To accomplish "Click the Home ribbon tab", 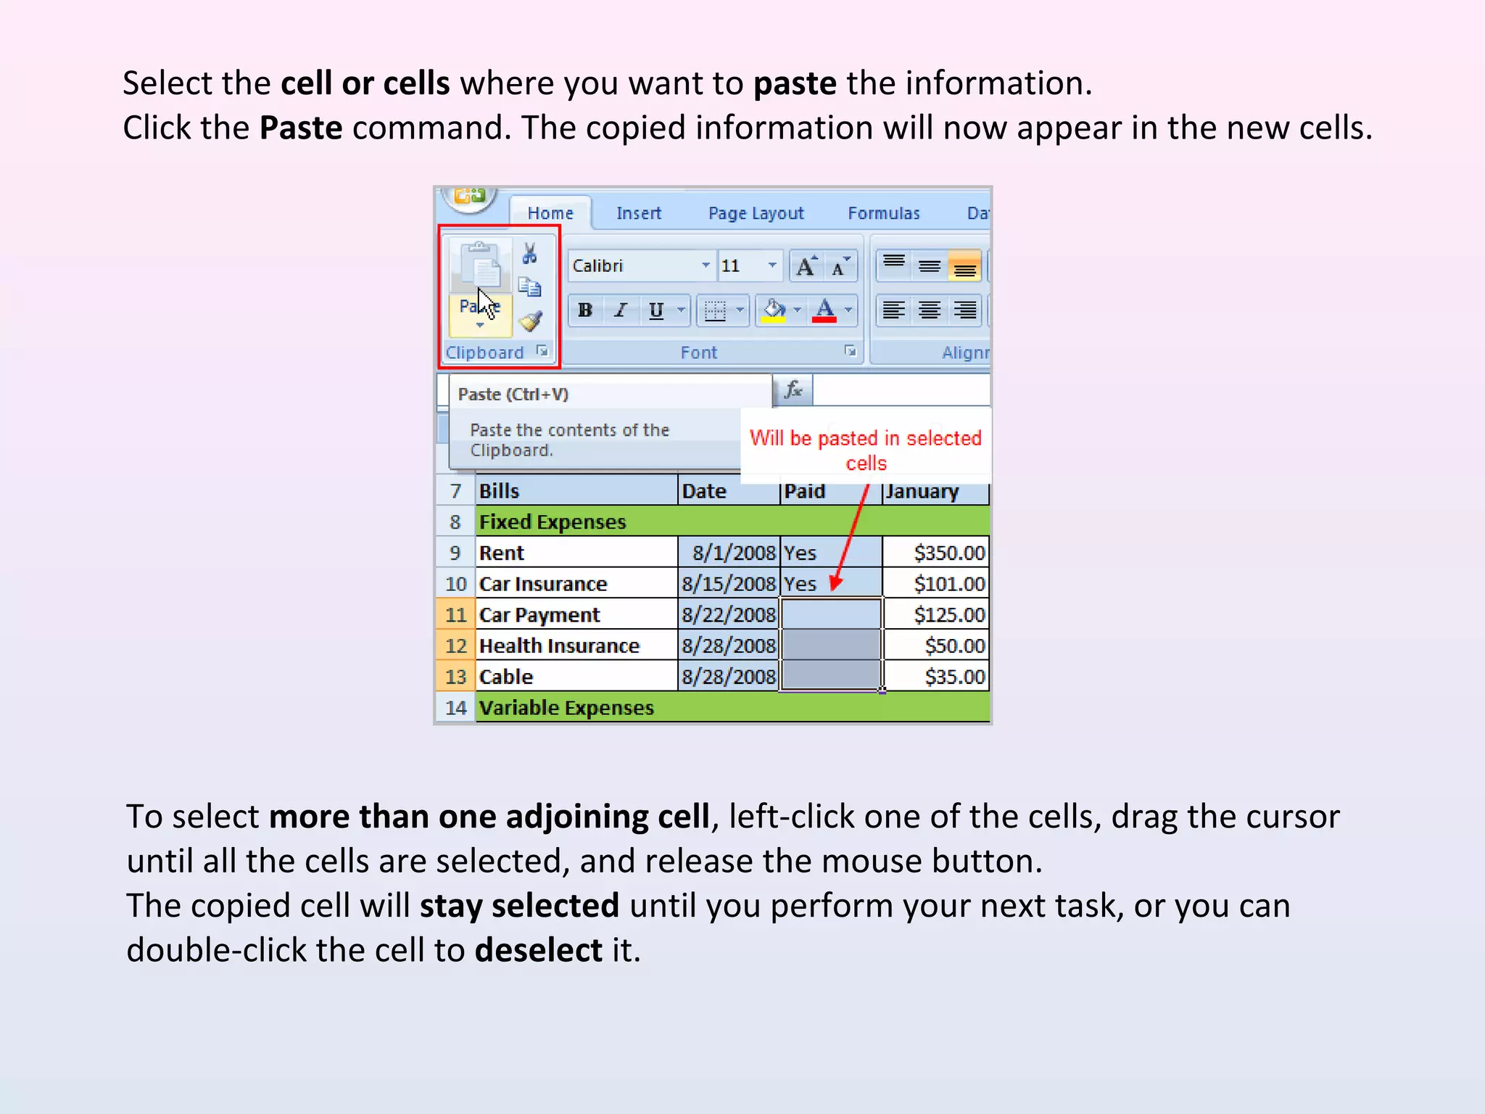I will pyautogui.click(x=550, y=213).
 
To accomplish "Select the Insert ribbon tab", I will pyautogui.click(x=639, y=213).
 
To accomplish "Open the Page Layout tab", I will pyautogui.click(x=756, y=213).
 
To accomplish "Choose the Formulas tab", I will pyautogui.click(x=883, y=213).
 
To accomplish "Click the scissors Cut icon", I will pyautogui.click(x=530, y=253).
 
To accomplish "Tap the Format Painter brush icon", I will pyautogui.click(x=531, y=321).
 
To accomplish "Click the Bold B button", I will pyautogui.click(x=585, y=310).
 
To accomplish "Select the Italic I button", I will pyautogui.click(x=620, y=310).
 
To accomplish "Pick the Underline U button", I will pyautogui.click(x=656, y=310).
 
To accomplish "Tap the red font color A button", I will pyautogui.click(x=824, y=310).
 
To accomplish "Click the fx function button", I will pyautogui.click(x=793, y=390).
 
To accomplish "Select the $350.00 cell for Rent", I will pyautogui.click(x=935, y=553).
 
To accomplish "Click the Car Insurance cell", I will pyautogui.click(x=576, y=584).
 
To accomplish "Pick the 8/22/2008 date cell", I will pyautogui.click(x=729, y=615).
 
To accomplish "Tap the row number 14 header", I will pyautogui.click(x=455, y=708).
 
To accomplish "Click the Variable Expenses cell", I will pyautogui.click(x=566, y=708).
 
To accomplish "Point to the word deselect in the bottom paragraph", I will pyautogui.click(x=538, y=950).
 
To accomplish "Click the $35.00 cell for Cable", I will pyautogui.click(x=935, y=677).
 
